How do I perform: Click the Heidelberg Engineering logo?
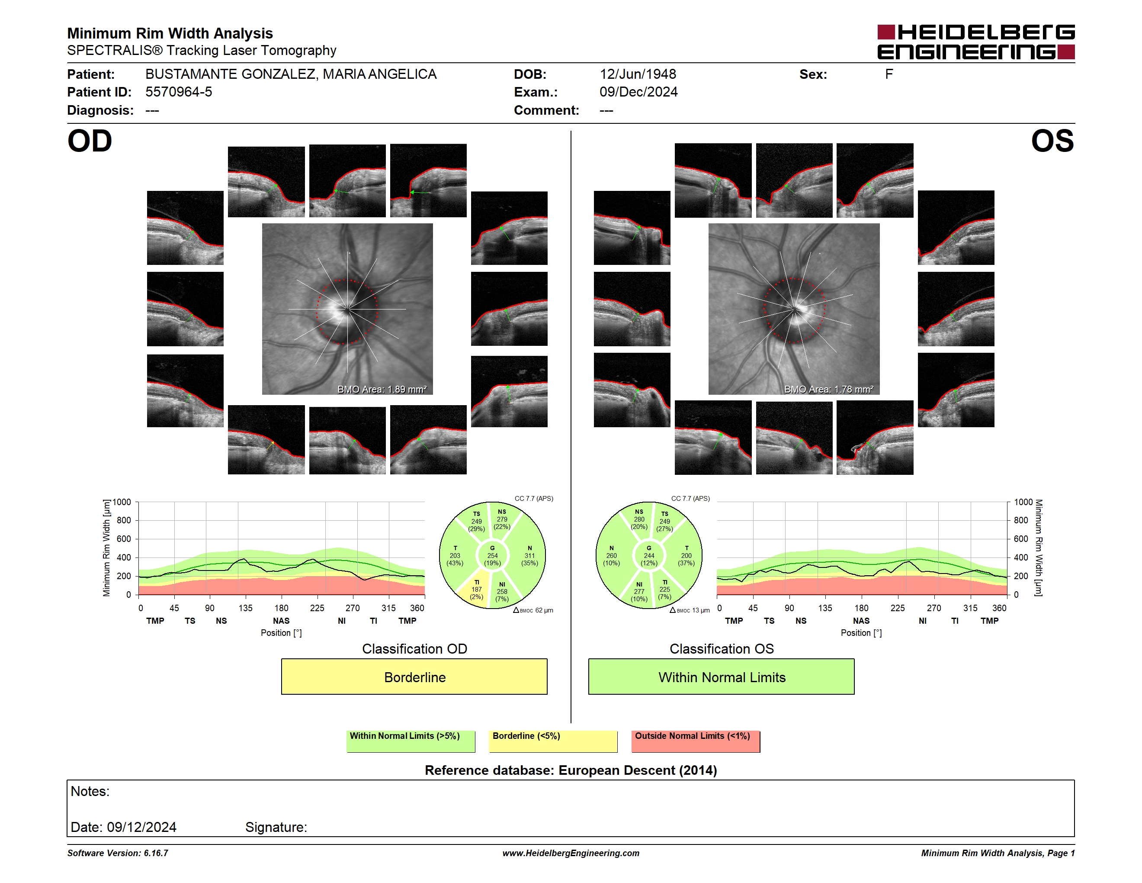coord(976,42)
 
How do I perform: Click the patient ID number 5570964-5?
coord(179,92)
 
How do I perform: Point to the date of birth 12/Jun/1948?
coord(638,74)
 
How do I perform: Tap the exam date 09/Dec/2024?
coord(638,92)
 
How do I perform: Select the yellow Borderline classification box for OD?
coord(414,677)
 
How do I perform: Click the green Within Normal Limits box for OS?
coord(722,677)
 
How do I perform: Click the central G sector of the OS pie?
coord(649,555)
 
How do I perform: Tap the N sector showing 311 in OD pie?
coord(529,555)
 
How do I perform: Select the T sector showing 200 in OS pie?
coord(686,555)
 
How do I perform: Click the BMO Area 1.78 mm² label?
coord(828,389)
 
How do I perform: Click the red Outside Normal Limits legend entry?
coord(696,741)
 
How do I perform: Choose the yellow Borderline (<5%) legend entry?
coord(553,741)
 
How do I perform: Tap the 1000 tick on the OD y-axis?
coord(122,502)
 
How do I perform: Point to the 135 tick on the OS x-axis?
coord(825,608)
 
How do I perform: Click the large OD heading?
coord(90,141)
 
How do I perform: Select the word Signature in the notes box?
coord(276,827)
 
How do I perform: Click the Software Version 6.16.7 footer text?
coord(118,853)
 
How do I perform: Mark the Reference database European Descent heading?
coord(571,770)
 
